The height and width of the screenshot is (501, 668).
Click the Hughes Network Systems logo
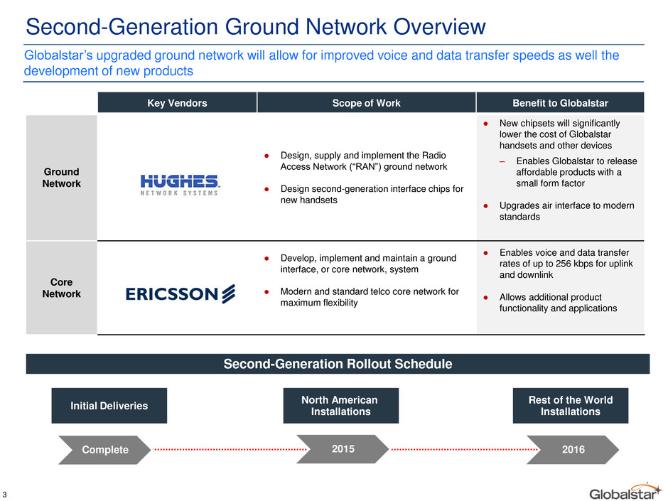(179, 185)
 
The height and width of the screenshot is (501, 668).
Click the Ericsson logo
(181, 293)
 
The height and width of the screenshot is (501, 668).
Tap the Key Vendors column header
(177, 102)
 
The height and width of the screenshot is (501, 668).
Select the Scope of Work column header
(367, 102)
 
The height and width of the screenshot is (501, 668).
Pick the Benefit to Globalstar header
(560, 102)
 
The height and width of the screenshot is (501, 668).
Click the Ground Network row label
(61, 178)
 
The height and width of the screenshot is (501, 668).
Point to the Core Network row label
(61, 288)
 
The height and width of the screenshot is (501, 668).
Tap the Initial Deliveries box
(109, 406)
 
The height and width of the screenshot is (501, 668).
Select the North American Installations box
(341, 406)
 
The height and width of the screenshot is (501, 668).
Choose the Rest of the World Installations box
(571, 406)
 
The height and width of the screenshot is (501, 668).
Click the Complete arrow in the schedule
(104, 449)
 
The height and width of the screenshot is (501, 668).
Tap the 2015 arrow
(343, 449)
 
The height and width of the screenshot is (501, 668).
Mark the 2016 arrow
(573, 449)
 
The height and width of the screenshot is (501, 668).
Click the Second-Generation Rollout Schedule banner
(338, 364)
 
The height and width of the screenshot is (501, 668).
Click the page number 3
(5, 495)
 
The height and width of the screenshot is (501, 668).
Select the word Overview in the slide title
(440, 26)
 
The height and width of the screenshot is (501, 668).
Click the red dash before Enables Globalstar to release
(502, 161)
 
